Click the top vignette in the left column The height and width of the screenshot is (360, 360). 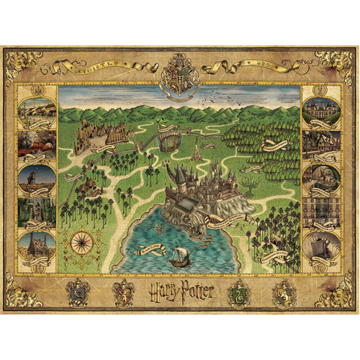36,110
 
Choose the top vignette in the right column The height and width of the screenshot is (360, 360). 321,109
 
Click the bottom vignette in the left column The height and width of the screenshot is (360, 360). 36,245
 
